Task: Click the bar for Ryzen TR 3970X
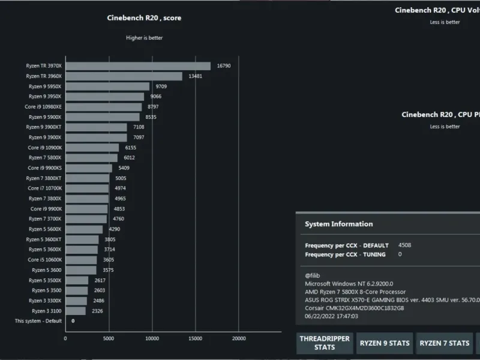coord(138,66)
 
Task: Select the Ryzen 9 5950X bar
coord(107,86)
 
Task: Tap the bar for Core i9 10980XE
coord(103,107)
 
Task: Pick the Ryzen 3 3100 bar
coord(76,311)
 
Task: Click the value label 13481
coord(196,76)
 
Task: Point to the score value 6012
coord(129,158)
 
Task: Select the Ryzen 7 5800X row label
coord(44,158)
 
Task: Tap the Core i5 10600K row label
coord(44,260)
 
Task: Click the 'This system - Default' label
coord(38,321)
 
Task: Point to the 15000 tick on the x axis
coord(196,338)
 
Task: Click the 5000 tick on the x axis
coord(109,338)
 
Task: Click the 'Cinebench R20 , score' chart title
coord(144,18)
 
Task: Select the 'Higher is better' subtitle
coord(144,38)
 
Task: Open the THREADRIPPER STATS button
coord(325,343)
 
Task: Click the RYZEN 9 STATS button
coord(385,343)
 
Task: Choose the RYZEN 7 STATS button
coord(445,343)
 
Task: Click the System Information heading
coord(338,224)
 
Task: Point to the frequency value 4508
coord(405,245)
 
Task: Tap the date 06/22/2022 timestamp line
coord(331,316)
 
